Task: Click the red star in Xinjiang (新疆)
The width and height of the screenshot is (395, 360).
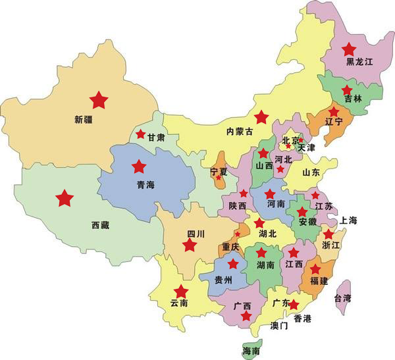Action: click(99, 100)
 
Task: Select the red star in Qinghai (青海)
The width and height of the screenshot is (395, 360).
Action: click(138, 167)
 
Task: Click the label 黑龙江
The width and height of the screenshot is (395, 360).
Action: click(360, 63)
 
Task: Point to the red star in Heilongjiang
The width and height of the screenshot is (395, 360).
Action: click(349, 48)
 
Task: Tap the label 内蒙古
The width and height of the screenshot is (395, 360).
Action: click(240, 132)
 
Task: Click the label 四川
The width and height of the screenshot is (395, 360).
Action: click(196, 234)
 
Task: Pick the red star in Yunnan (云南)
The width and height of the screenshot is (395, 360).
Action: click(180, 292)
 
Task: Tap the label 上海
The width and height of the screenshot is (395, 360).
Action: click(348, 220)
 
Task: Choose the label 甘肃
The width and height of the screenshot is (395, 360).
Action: click(156, 138)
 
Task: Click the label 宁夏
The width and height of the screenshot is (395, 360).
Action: click(218, 171)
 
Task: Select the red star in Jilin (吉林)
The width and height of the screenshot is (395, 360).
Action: click(346, 91)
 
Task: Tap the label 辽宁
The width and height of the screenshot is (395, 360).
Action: click(334, 122)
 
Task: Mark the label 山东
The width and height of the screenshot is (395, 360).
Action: click(310, 172)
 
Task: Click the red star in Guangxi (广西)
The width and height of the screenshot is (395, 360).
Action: click(246, 317)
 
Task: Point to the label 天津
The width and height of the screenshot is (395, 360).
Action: click(306, 148)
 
